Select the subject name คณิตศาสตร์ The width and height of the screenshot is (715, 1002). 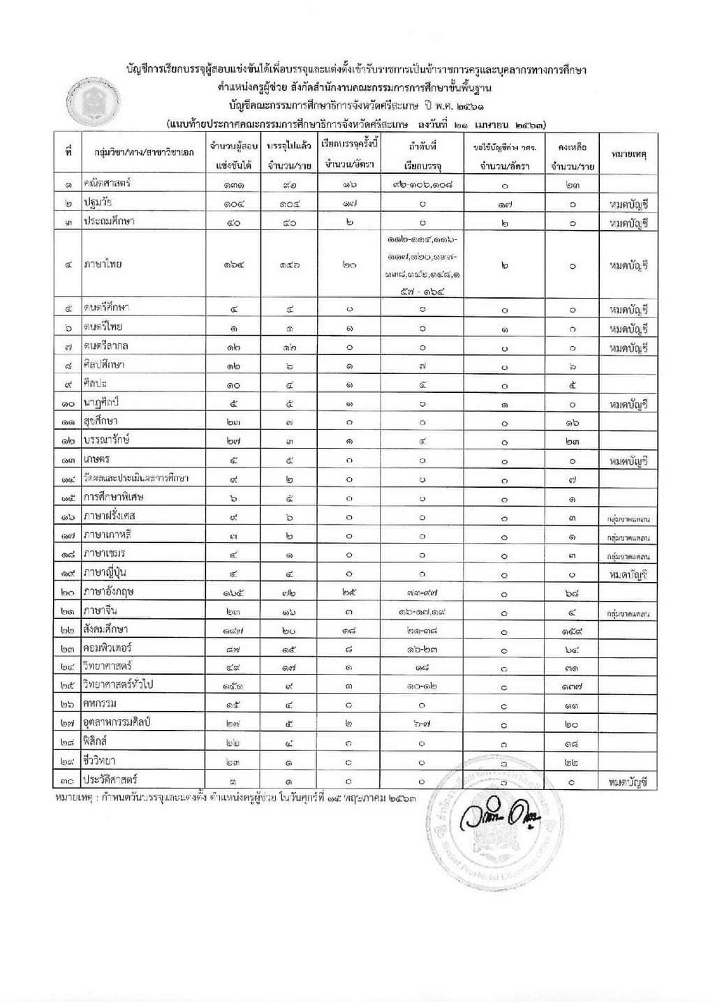click(108, 184)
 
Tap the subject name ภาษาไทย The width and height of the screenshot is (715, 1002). click(101, 265)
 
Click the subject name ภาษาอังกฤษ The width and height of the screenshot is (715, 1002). click(108, 591)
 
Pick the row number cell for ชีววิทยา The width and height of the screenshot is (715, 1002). click(68, 761)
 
